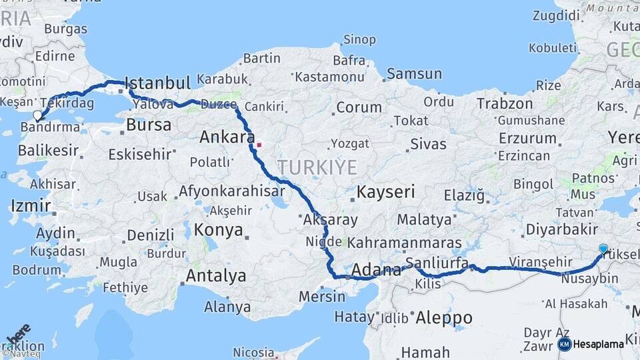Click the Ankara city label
(227, 137)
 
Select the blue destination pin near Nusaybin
(603, 249)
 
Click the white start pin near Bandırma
(37, 115)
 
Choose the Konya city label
(219, 231)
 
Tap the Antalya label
(216, 275)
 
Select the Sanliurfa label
(437, 261)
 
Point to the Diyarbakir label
(561, 230)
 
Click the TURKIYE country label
(317, 167)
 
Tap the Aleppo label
(443, 318)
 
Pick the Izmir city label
(31, 205)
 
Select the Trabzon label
(505, 104)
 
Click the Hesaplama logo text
(598, 344)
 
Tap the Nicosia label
(253, 351)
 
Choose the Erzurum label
(527, 139)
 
